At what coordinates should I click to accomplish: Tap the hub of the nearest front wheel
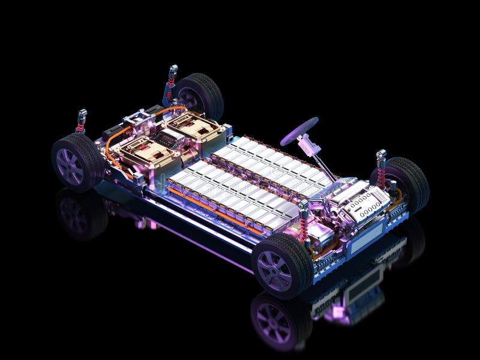click(277, 268)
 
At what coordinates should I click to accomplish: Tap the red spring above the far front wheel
click(381, 174)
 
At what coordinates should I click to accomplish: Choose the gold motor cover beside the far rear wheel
click(191, 126)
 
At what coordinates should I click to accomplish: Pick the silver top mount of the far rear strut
click(173, 68)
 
